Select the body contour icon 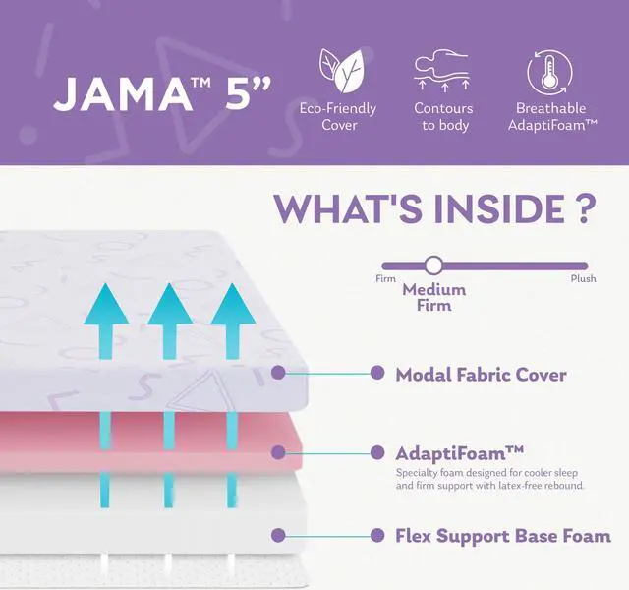click(442, 71)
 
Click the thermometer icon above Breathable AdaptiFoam click(550, 71)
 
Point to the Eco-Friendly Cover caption click(339, 116)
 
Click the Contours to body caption click(443, 116)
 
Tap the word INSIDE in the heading click(500, 209)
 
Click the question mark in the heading click(584, 209)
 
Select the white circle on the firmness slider click(433, 265)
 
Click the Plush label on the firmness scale click(583, 279)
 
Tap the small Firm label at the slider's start click(385, 279)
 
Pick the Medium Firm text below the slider click(433, 297)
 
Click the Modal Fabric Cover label click(481, 374)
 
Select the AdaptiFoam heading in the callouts click(459, 452)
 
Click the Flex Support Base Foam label click(502, 536)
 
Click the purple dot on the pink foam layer click(278, 453)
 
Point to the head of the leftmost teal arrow click(105, 305)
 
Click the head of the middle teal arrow click(169, 305)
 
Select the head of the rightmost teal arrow click(233, 305)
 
